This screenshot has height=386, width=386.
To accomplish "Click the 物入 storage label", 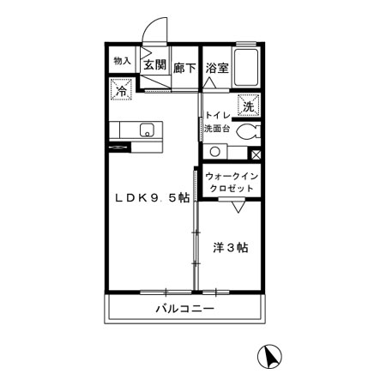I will [x=122, y=62].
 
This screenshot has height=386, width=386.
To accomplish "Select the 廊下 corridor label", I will [x=184, y=68].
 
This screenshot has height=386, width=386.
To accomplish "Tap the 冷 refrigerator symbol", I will [x=121, y=88].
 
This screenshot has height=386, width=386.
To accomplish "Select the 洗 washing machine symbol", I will [x=247, y=106].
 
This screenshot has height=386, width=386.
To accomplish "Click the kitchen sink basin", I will [x=147, y=131].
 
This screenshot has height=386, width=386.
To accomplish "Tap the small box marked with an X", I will [x=255, y=154].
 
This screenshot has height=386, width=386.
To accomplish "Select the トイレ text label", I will [x=216, y=114].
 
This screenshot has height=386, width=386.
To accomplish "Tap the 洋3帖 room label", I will [x=230, y=248].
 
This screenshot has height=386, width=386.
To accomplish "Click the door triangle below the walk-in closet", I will [x=238, y=207].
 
